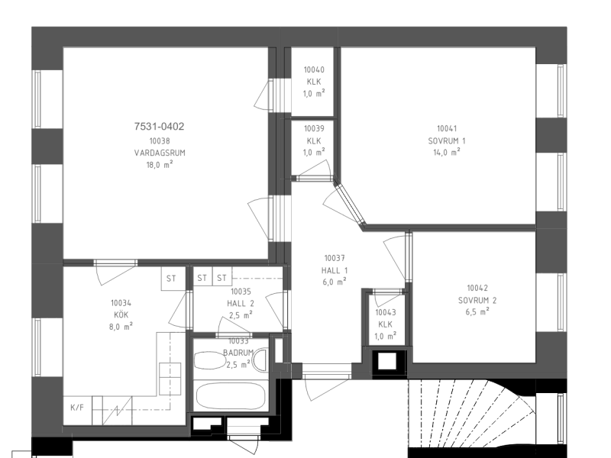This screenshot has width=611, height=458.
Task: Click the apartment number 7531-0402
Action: point(159,126)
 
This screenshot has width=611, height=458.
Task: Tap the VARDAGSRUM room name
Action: point(160,153)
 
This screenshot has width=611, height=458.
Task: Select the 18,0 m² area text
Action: point(160,164)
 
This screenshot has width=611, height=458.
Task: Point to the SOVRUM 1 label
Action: point(447,140)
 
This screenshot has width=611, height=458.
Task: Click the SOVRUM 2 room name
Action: point(477,300)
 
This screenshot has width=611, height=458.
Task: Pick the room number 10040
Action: point(314,69)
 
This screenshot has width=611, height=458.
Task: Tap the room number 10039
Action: point(314,128)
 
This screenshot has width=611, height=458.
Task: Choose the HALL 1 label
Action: point(335,270)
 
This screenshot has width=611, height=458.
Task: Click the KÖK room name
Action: point(121,314)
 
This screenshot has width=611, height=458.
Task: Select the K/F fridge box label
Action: point(77,408)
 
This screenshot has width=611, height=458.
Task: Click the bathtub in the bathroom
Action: point(231,396)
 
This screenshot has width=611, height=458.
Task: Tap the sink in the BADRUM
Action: point(209,360)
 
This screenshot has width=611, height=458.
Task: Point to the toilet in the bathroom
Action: point(260,360)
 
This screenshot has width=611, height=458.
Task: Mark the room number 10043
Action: point(386,312)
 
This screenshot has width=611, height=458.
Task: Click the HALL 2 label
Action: point(241,303)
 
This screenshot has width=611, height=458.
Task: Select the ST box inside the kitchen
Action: point(171,279)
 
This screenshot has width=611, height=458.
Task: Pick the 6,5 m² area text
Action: point(477,312)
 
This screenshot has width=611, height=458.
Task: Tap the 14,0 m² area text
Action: point(447,152)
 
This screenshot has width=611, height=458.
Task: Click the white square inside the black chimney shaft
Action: point(387,361)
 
